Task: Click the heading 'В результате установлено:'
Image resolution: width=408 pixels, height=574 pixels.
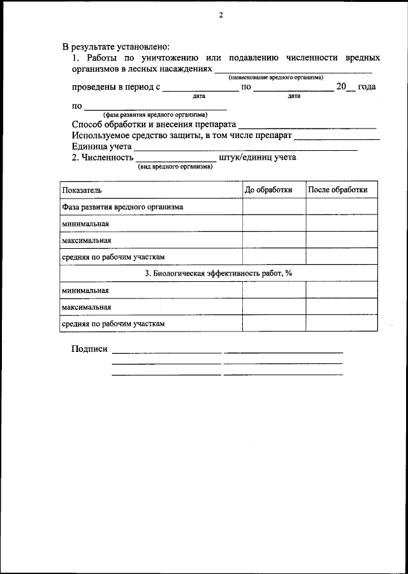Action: (115, 46)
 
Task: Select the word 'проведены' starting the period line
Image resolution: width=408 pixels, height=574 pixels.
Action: (93, 87)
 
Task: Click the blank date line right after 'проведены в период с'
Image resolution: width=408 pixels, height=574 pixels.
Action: (199, 90)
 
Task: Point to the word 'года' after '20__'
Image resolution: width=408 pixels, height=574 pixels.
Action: (367, 87)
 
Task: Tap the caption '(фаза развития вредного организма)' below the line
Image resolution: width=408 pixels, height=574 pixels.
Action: (155, 115)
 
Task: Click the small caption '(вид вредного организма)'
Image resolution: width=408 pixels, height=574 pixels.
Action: (175, 167)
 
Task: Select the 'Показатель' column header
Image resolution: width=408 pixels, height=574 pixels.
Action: (82, 190)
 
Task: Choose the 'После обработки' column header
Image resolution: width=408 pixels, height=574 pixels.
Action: (338, 190)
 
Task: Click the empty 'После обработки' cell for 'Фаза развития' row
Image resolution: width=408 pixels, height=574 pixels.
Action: (342, 207)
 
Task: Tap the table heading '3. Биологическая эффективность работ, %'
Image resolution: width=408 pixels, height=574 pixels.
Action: (218, 273)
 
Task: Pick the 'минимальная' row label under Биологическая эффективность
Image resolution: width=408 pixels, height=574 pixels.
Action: (85, 290)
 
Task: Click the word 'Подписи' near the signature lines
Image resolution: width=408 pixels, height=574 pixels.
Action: (90, 349)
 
